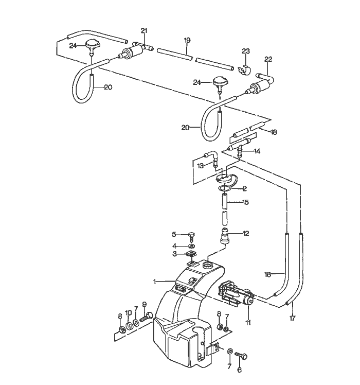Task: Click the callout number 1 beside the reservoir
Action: pyautogui.click(x=154, y=282)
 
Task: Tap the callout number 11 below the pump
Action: pyautogui.click(x=248, y=323)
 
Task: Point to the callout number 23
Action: pyautogui.click(x=246, y=51)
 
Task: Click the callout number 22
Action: pyautogui.click(x=268, y=59)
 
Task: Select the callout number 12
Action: pyautogui.click(x=245, y=234)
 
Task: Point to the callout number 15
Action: pyautogui.click(x=245, y=202)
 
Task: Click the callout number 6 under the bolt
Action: pyautogui.click(x=239, y=369)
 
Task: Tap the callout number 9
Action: pyautogui.click(x=145, y=304)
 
